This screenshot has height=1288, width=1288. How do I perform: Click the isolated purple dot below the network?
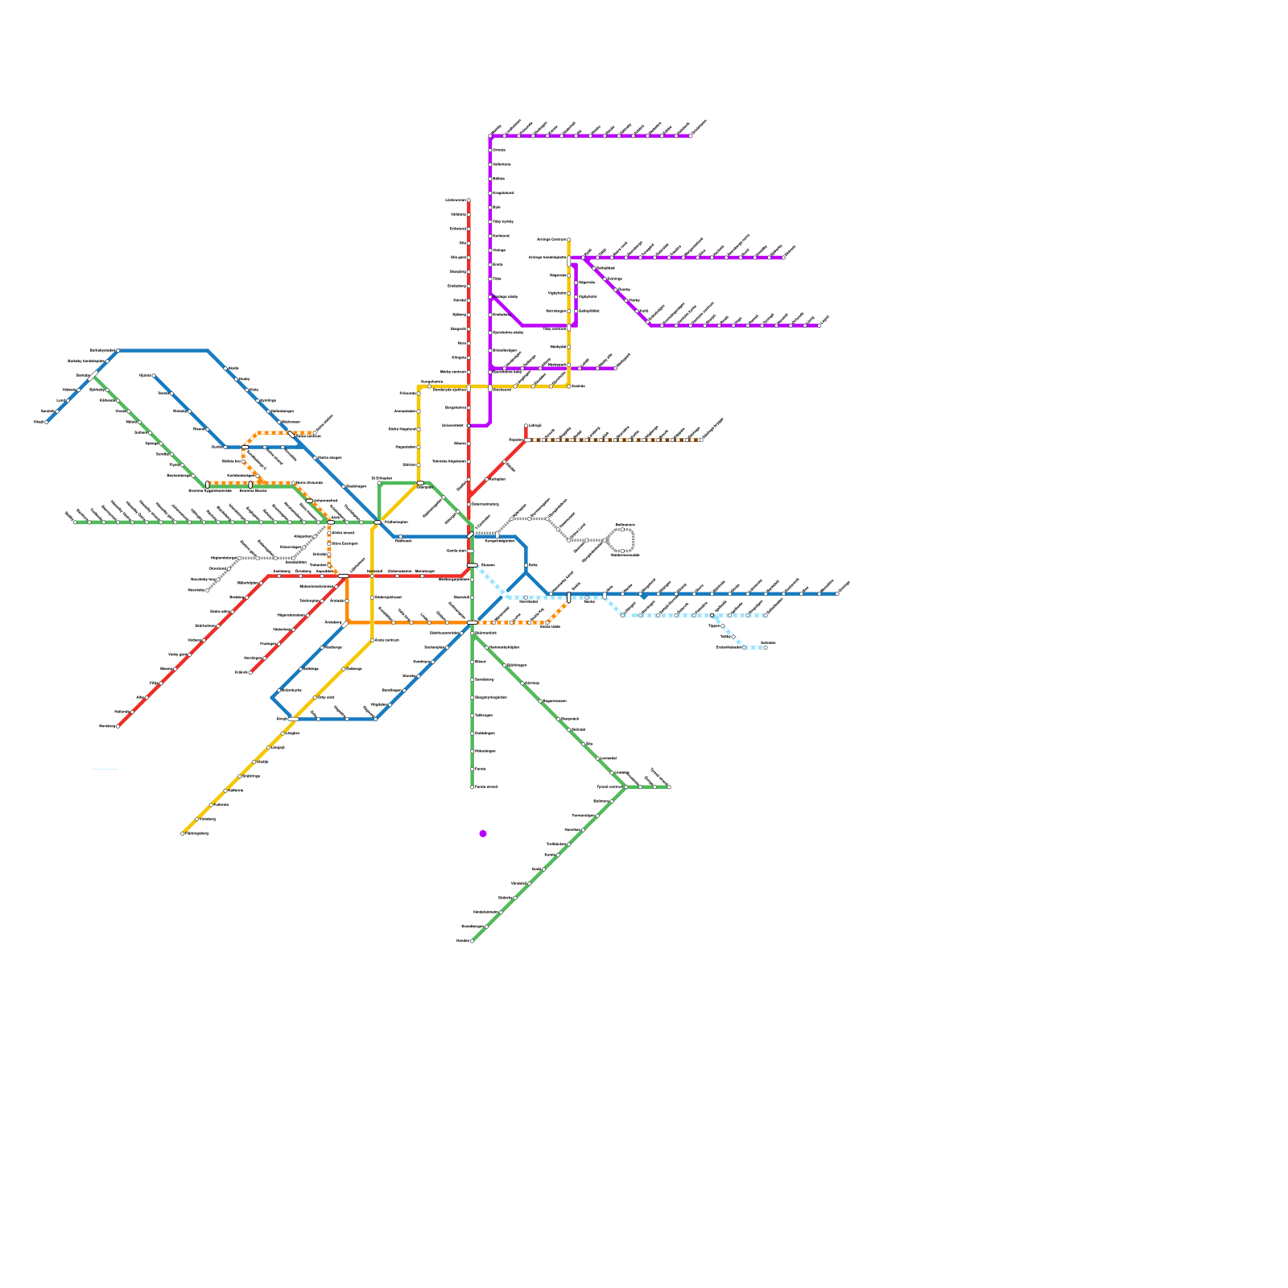483,833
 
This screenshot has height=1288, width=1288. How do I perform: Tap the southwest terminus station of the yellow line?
183,833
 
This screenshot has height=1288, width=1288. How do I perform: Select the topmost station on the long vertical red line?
469,200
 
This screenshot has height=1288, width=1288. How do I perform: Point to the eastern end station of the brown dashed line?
701,440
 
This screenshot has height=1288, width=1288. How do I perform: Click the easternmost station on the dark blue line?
837,594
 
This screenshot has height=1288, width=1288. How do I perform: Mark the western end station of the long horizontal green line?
75,522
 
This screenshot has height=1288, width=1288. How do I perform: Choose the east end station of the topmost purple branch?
690,136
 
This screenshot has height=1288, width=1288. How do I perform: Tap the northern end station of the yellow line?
569,239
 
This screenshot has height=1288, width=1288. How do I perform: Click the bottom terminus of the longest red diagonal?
118,726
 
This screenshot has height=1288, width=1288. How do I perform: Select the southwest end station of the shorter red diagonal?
250,672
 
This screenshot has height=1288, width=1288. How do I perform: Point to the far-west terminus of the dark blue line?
47,422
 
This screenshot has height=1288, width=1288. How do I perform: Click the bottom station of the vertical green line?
473,786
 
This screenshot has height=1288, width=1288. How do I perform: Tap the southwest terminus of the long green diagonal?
473,940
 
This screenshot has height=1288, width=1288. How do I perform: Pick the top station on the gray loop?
622,529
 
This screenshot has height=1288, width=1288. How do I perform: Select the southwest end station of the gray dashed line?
208,590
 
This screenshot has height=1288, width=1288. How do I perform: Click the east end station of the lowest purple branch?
615,369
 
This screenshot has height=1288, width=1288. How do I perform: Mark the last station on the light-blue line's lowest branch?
765,647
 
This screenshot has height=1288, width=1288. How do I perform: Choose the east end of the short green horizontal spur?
669,787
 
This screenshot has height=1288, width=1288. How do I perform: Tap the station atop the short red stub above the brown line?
526,426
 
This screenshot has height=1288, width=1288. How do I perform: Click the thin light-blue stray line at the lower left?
105,770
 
